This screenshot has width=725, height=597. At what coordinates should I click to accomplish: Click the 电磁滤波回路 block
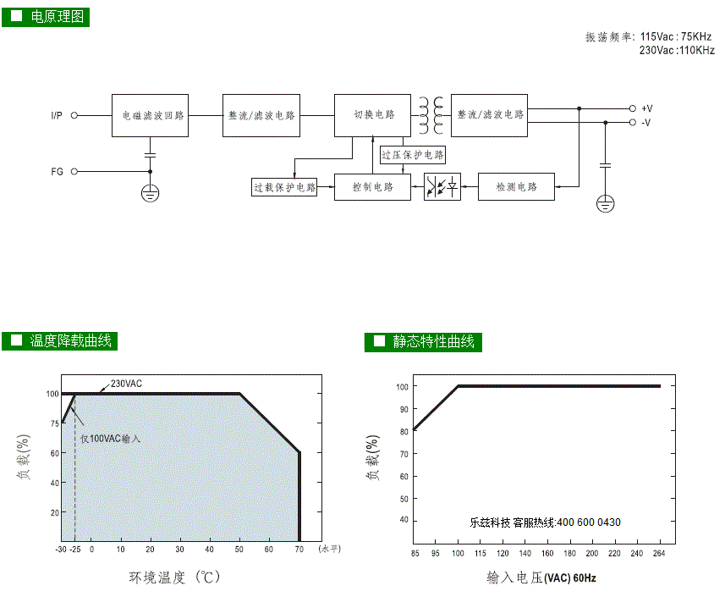[150, 115]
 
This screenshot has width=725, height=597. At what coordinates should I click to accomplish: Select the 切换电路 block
[372, 115]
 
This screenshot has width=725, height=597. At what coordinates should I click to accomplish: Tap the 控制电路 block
[372, 187]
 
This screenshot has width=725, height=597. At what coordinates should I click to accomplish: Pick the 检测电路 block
[516, 187]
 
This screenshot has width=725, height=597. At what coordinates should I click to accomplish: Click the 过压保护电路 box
[413, 155]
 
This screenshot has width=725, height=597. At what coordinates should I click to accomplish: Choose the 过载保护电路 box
[284, 187]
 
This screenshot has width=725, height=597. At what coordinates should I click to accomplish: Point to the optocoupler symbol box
[442, 187]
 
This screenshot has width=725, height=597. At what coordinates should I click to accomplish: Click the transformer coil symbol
[431, 115]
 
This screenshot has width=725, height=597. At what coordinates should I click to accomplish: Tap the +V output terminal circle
[633, 108]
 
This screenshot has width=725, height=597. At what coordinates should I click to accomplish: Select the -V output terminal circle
[633, 122]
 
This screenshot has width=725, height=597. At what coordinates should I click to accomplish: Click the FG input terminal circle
[74, 172]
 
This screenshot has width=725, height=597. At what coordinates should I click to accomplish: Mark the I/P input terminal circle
[74, 115]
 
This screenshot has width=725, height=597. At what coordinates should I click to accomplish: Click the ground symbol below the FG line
[150, 193]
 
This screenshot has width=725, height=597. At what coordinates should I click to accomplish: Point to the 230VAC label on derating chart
[126, 384]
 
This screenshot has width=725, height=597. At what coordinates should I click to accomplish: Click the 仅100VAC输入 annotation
[110, 439]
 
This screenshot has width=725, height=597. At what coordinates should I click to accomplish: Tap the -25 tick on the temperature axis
[75, 550]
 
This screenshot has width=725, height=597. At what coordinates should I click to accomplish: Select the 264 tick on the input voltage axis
[659, 553]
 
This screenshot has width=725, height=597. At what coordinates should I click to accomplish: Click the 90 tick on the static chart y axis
[404, 409]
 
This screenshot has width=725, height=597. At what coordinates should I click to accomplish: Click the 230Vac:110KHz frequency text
[677, 50]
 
